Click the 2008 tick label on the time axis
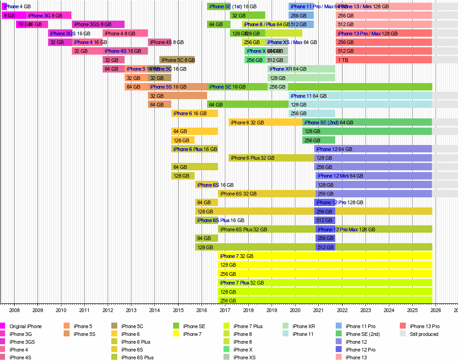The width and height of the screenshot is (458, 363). coord(14,311)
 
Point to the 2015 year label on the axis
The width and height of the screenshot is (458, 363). coord(178,311)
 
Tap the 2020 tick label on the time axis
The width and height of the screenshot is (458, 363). coord(295,311)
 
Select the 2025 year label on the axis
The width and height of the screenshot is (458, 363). coord(412,311)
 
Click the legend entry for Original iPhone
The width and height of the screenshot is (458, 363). coord(25,326)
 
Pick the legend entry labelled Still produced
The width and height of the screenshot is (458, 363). coord(424,334)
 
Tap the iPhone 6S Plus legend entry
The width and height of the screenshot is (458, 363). coord(137,357)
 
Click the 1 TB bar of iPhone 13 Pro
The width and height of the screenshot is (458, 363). coord(384,60)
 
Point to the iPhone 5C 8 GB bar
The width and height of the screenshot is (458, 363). coord(177,60)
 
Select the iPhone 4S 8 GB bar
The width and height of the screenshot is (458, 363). coord(160,42)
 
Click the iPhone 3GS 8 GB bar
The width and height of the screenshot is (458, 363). coord(98,24)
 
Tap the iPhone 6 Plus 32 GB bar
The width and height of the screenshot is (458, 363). coord(271,158)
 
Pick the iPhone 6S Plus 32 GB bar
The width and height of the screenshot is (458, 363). coord(267,229)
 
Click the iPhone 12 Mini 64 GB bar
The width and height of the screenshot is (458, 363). coord(373,176)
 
